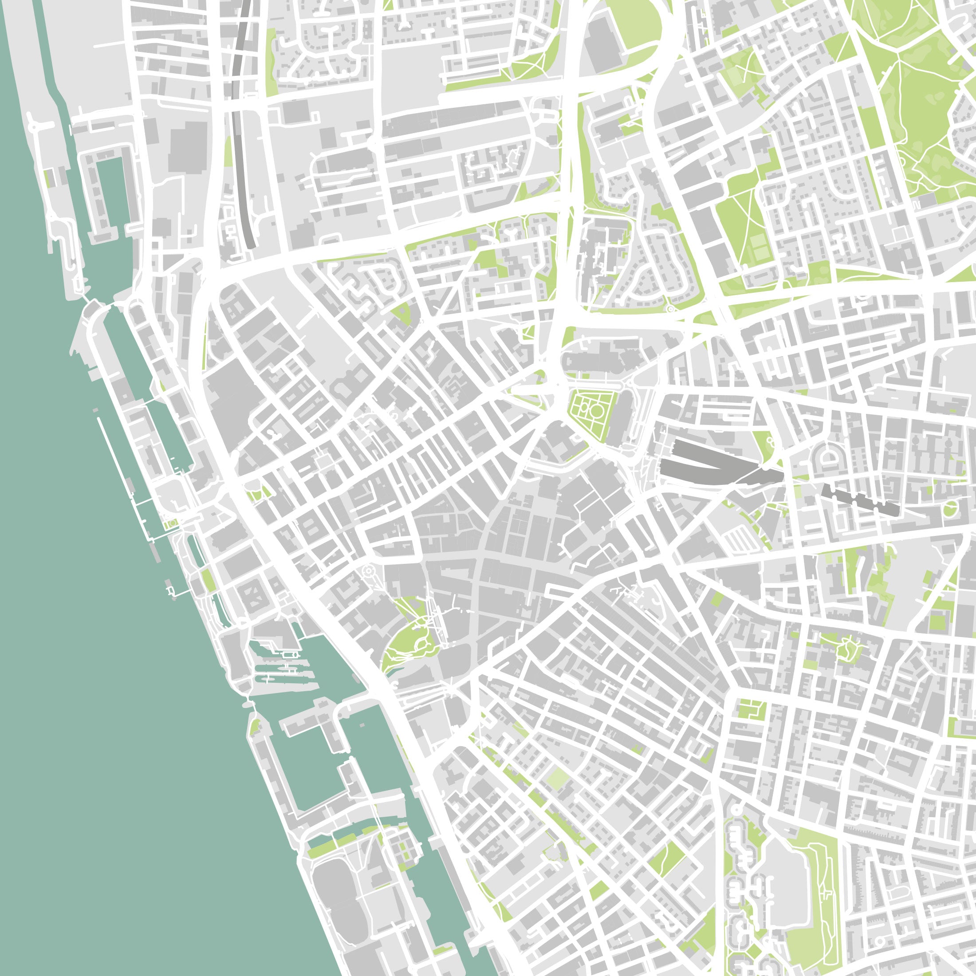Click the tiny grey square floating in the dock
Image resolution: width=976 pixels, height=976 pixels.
pyautogui.click(x=362, y=725)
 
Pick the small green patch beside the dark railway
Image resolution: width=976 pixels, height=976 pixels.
pyautogui.click(x=228, y=152)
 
